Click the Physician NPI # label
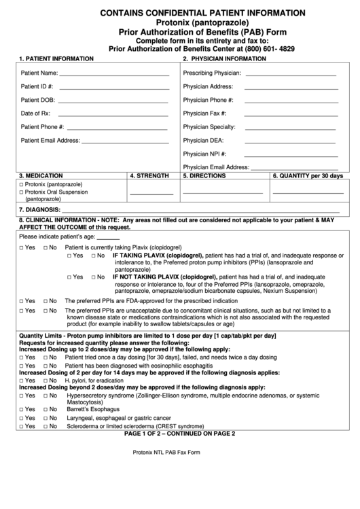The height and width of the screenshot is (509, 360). (x=204, y=154)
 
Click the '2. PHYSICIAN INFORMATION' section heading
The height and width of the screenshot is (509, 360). (x=224, y=58)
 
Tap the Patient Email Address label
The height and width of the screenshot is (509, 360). (x=50, y=141)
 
